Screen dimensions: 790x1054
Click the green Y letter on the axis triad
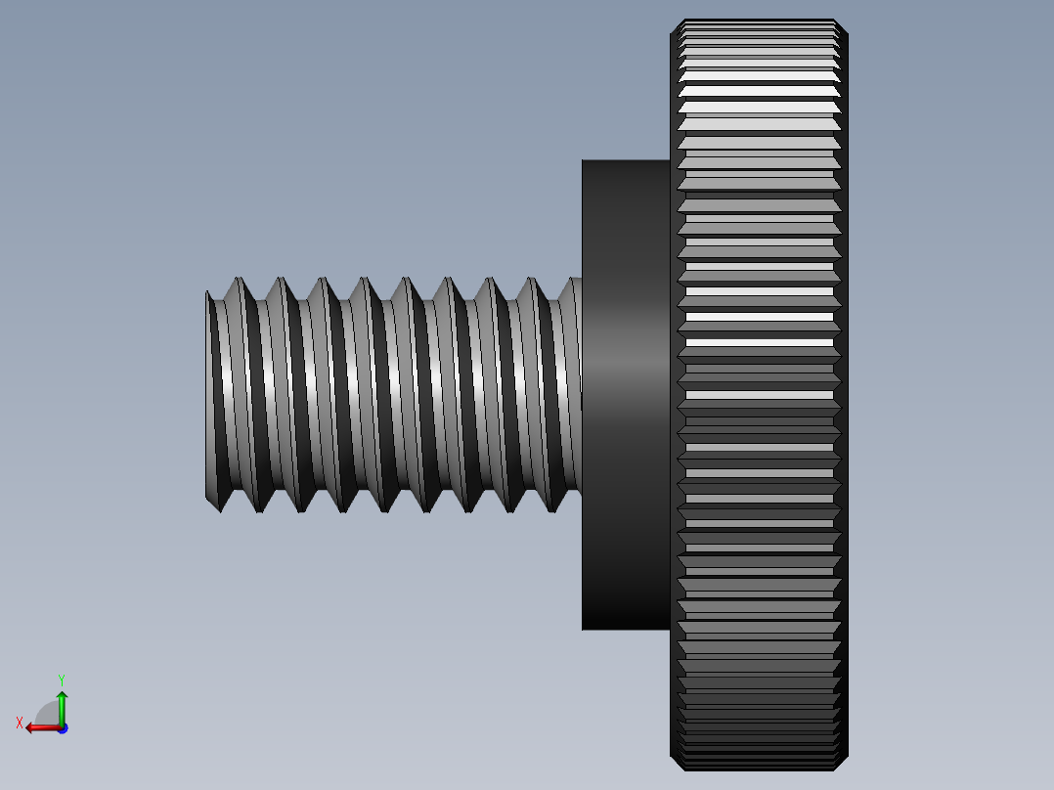(61, 679)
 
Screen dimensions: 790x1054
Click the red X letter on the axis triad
(19, 723)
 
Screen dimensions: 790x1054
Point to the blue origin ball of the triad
(62, 727)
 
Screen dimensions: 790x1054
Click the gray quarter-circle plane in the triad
(48, 714)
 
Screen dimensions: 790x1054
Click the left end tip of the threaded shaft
(208, 395)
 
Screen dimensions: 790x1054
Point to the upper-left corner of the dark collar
(584, 162)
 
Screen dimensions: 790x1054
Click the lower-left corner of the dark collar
(584, 628)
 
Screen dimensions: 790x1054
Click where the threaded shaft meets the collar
(581, 395)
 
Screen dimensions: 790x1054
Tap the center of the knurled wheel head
(759, 395)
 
